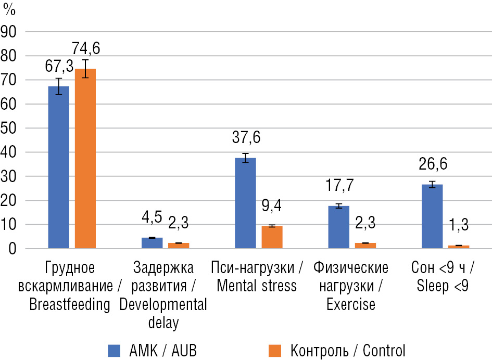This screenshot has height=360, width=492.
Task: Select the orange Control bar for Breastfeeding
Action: (85, 159)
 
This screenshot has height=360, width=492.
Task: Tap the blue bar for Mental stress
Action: (245, 203)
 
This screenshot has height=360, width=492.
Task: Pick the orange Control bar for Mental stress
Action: (272, 237)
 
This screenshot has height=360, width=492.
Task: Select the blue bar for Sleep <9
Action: (432, 216)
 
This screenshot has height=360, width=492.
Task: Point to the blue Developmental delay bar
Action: (152, 243)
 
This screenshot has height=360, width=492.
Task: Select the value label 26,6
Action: (432, 164)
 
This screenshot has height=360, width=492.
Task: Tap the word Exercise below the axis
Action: (351, 304)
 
